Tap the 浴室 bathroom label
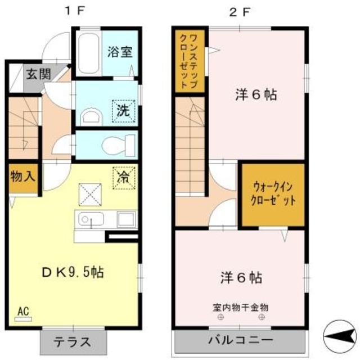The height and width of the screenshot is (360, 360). (x=119, y=52)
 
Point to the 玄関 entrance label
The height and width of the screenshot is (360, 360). (x=38, y=73)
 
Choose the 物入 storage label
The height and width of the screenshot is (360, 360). (x=22, y=176)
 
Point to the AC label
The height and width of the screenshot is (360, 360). (x=24, y=310)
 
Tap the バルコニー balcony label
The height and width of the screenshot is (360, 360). (x=240, y=340)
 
